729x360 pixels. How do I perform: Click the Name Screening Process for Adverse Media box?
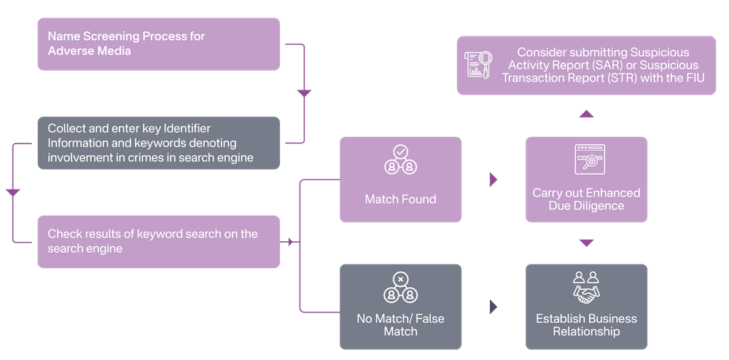pos(158,44)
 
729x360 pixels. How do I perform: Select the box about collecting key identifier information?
pos(158,143)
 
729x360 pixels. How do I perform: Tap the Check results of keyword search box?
pos(158,241)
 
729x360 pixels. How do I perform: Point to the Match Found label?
pos(400,199)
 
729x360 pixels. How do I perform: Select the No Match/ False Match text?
pos(400,325)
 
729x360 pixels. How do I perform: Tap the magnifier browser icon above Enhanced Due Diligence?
pos(586,160)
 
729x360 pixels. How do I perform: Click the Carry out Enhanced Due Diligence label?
pos(586,199)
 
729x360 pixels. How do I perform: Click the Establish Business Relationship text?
pos(586,325)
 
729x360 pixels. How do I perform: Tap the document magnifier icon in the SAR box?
pos(479,64)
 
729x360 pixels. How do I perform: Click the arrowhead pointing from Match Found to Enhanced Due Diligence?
pos(494,179)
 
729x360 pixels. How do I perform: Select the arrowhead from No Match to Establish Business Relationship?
pos(494,307)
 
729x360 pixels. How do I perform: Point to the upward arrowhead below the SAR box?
pos(586,114)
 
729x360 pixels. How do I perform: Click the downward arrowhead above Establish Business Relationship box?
pos(586,243)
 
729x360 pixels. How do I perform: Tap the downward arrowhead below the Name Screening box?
pos(304,94)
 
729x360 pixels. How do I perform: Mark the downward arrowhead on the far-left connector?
pos(12,193)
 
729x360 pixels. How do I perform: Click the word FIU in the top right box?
pos(693,77)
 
